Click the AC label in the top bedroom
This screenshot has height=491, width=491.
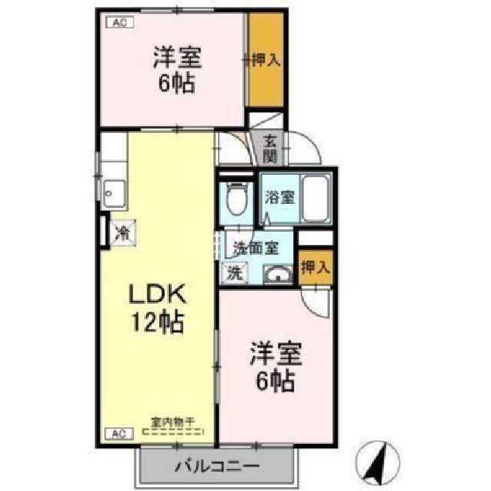coord(119,23)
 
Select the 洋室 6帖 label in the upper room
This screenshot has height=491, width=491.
coord(177,69)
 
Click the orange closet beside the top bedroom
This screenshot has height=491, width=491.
coord(265,59)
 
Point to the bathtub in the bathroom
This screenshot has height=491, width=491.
coord(315,198)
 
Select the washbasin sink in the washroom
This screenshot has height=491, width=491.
coord(278,274)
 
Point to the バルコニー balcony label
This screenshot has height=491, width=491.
coord(216,466)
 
